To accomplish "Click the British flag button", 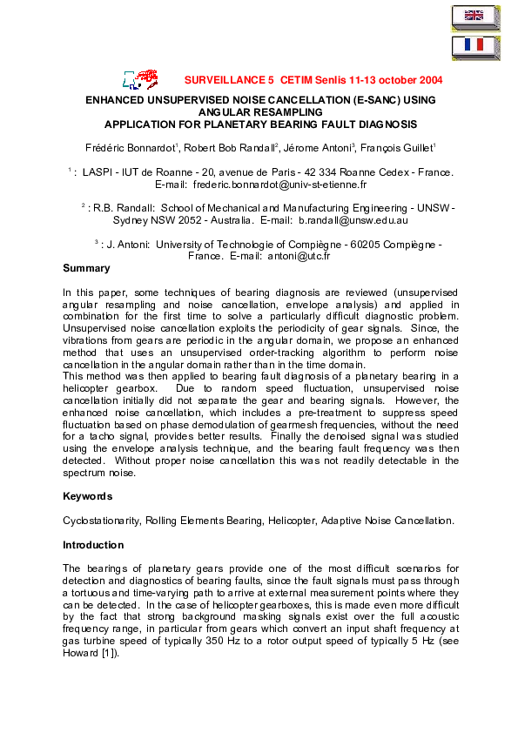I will click(x=474, y=16).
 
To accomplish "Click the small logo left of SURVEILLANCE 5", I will click(x=141, y=79).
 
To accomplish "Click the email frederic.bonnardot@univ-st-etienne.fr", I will click(x=279, y=185).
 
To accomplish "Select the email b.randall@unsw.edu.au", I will click(x=359, y=221).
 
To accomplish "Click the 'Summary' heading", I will click(x=87, y=269).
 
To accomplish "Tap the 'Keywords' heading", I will click(x=88, y=496).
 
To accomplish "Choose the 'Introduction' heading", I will click(x=94, y=544).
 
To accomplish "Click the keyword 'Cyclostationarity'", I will click(x=100, y=520).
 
